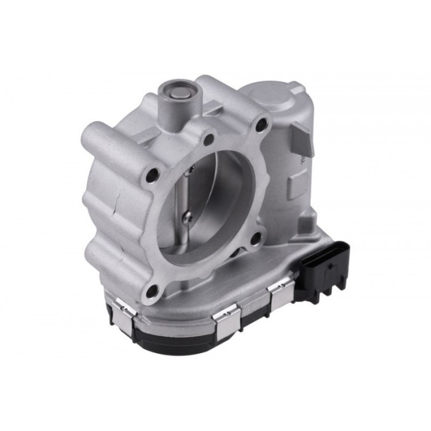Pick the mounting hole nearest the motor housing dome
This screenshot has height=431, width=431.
(262, 126)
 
